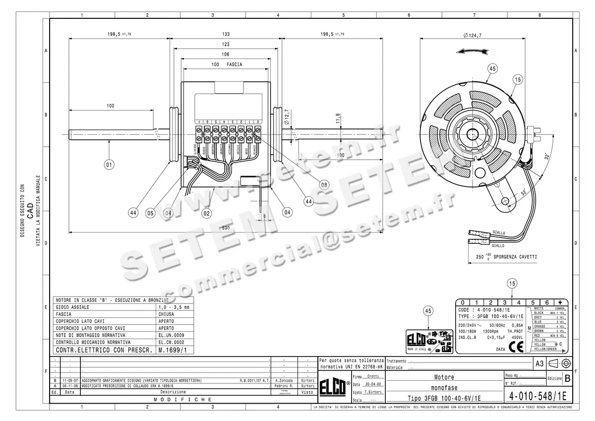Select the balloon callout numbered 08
pyautogui.click(x=324, y=184)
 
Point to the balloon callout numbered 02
pyautogui.click(x=207, y=213)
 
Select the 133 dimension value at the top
pyautogui.click(x=226, y=34)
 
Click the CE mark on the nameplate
pyautogui.click(x=516, y=347)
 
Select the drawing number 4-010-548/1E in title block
pyautogui.click(x=537, y=397)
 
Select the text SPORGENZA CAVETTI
pyautogui.click(x=515, y=257)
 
